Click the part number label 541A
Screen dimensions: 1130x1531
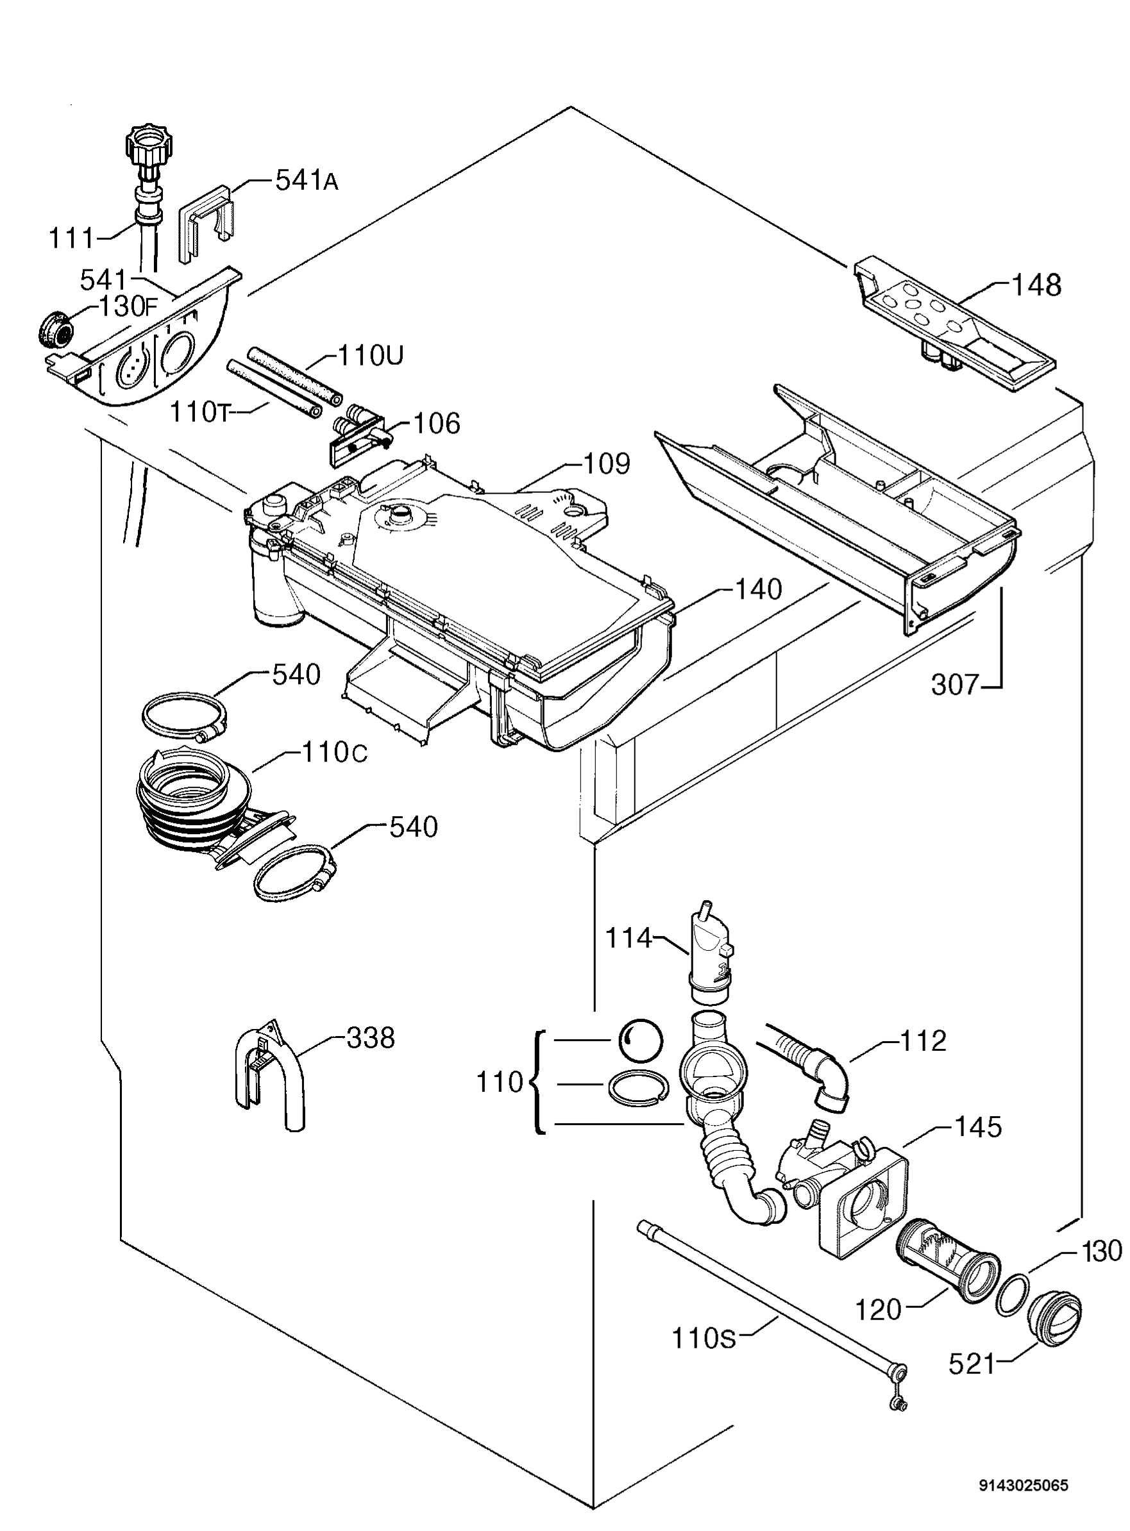click(x=307, y=181)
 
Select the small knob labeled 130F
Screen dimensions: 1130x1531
click(x=55, y=330)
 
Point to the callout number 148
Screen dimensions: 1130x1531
click(x=1036, y=285)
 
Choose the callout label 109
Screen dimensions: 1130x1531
click(x=606, y=464)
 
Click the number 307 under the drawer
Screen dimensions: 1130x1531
click(x=956, y=685)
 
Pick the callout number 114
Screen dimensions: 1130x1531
click(x=628, y=938)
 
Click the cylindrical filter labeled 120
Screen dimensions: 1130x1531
click(x=947, y=1260)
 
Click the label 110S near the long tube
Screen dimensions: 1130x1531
click(x=704, y=1338)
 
